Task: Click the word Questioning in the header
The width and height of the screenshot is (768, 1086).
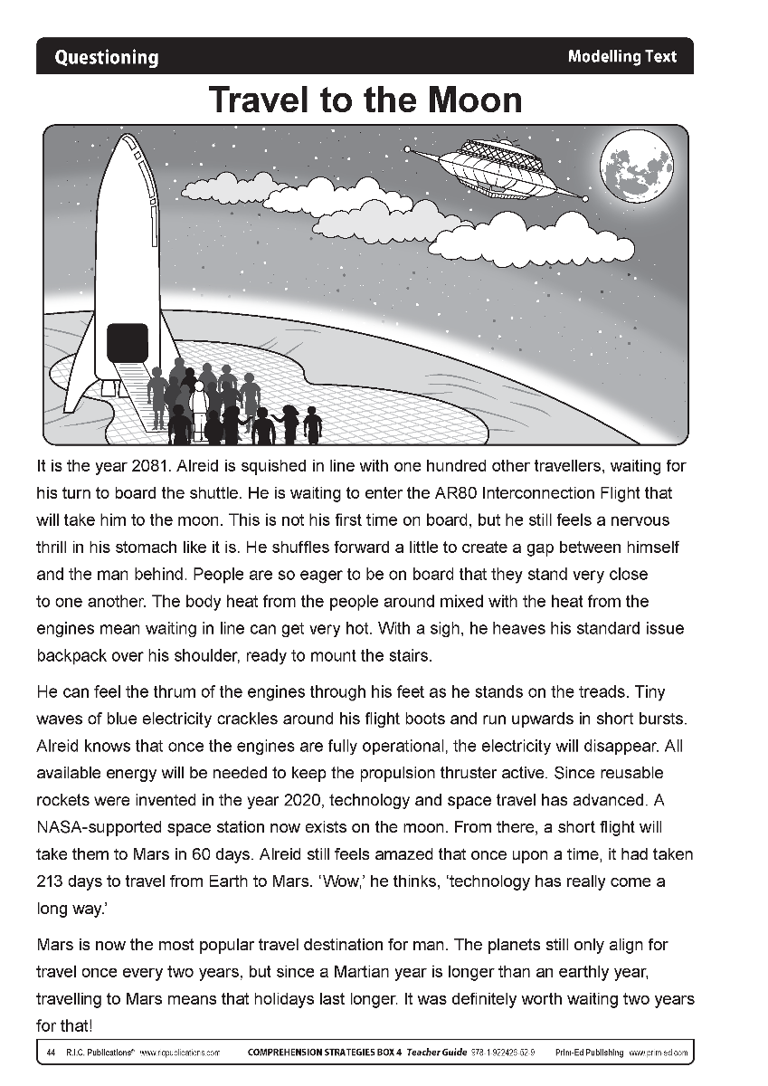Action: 106,58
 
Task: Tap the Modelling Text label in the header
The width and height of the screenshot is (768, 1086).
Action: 621,56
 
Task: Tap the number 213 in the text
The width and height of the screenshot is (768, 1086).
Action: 52,881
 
